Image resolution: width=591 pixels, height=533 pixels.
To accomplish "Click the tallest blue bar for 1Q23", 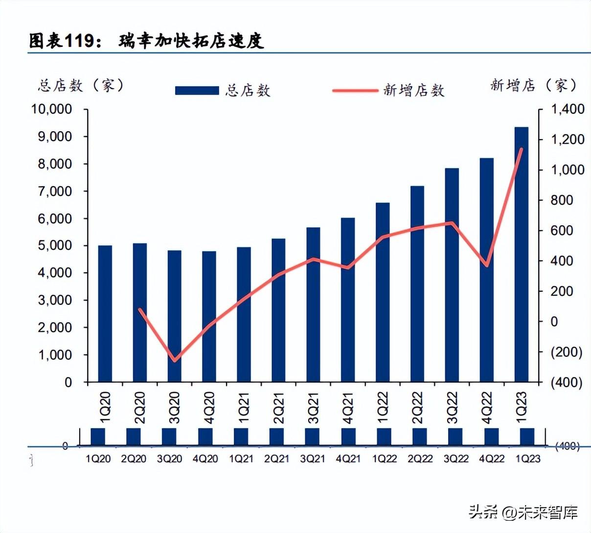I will pyautogui.click(x=521, y=255).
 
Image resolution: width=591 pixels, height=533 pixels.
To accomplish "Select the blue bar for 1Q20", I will pyautogui.click(x=105, y=314).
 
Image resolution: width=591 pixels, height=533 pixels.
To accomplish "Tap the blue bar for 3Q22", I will pyautogui.click(x=452, y=274).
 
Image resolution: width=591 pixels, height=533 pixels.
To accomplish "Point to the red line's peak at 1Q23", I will pyautogui.click(x=522, y=149).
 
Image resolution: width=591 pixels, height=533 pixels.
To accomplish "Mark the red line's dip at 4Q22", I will pyautogui.click(x=487, y=266).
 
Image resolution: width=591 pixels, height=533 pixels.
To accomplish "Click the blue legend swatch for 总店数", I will pyautogui.click(x=197, y=91).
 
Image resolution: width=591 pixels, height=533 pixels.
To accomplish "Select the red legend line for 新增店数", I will pyautogui.click(x=355, y=91).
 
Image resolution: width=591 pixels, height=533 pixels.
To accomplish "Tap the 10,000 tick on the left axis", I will pyautogui.click(x=51, y=109).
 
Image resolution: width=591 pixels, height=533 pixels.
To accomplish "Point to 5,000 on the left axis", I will pyautogui.click(x=54, y=245).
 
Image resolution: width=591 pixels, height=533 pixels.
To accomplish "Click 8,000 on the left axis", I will pyautogui.click(x=54, y=164).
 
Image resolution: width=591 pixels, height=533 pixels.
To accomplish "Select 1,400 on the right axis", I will pyautogui.click(x=568, y=109).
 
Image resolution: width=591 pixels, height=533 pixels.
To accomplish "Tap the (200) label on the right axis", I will pyautogui.click(x=567, y=352).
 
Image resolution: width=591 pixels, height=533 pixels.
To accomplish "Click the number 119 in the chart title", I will pyautogui.click(x=79, y=41).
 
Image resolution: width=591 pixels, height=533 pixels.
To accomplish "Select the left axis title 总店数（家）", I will pyautogui.click(x=81, y=86).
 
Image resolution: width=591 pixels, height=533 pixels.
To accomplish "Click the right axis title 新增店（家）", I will pyautogui.click(x=533, y=86).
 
